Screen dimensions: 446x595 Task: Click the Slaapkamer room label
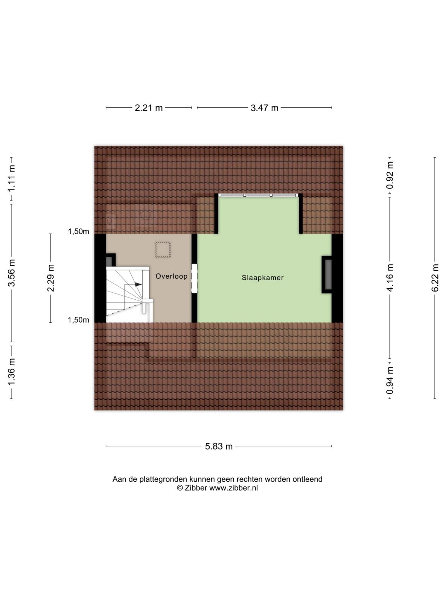[x=262, y=278]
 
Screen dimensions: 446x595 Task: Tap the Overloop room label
[x=171, y=276]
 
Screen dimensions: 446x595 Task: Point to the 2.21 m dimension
[x=149, y=108]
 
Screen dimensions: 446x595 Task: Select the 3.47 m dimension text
[x=264, y=108]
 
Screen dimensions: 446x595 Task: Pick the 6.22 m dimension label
[x=435, y=278]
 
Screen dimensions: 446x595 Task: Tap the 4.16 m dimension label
[x=390, y=278]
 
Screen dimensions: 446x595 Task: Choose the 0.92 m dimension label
[x=390, y=175]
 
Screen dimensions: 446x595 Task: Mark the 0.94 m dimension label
[x=390, y=380]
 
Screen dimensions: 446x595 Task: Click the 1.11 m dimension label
[x=11, y=178]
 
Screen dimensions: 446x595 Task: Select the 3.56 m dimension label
[x=11, y=273]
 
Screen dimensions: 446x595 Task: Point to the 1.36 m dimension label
[x=11, y=372]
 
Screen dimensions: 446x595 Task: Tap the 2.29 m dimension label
[x=51, y=278]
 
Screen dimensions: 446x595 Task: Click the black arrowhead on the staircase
[x=139, y=284]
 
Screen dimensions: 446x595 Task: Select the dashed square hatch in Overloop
[x=163, y=249]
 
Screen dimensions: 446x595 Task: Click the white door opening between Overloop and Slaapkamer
[x=194, y=278]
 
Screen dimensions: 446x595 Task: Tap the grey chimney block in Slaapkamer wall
[x=328, y=274]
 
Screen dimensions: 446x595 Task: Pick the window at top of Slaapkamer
[x=258, y=195]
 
